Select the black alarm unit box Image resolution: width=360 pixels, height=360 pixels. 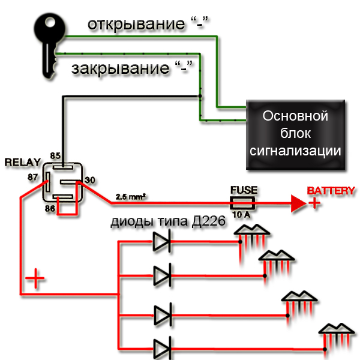pyautogui.click(x=296, y=133)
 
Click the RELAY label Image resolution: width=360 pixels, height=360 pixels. pyautogui.click(x=22, y=163)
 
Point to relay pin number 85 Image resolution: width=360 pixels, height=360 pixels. pyautogui.click(x=56, y=156)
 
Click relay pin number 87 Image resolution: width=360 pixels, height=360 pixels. pyautogui.click(x=34, y=177)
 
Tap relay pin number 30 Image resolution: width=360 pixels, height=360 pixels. pyautogui.click(x=90, y=180)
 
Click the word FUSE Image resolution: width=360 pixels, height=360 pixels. pyautogui.click(x=244, y=190)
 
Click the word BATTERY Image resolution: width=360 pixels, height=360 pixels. pyautogui.click(x=331, y=191)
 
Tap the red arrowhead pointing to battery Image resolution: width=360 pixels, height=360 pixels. pyautogui.click(x=299, y=204)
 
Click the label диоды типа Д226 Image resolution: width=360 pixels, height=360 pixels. pyautogui.click(x=167, y=223)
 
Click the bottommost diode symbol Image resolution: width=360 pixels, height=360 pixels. pyautogui.click(x=163, y=348)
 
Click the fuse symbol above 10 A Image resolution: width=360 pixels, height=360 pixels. pyautogui.click(x=244, y=203)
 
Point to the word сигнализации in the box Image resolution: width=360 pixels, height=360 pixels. pyautogui.click(x=296, y=149)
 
